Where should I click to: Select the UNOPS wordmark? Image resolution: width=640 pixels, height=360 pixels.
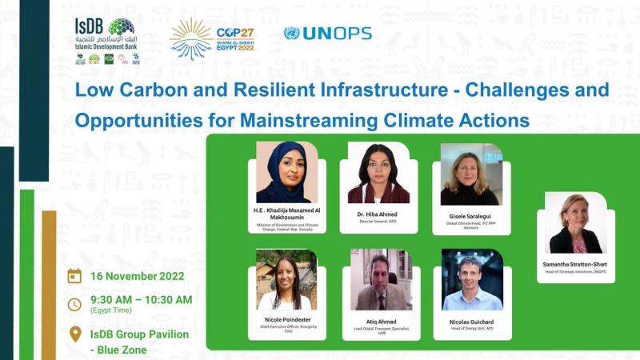[x=327, y=34]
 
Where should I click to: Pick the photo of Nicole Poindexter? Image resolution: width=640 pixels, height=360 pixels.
[x=286, y=279]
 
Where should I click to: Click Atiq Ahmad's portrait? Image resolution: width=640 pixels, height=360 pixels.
[x=381, y=279]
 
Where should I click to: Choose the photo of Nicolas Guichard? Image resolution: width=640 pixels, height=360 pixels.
[x=472, y=279]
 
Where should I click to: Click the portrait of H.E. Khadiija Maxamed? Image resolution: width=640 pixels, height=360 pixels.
[x=286, y=173]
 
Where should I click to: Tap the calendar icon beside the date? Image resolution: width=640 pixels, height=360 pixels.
[x=74, y=276]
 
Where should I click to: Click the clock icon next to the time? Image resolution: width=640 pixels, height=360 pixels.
[x=74, y=304]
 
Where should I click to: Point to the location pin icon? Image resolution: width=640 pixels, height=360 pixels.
[x=74, y=334]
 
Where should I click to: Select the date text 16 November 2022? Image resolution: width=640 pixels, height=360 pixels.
[x=137, y=277]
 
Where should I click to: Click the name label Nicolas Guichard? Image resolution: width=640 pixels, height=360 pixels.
[x=472, y=321]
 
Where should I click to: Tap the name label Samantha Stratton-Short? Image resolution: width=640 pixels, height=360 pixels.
[x=576, y=265]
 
